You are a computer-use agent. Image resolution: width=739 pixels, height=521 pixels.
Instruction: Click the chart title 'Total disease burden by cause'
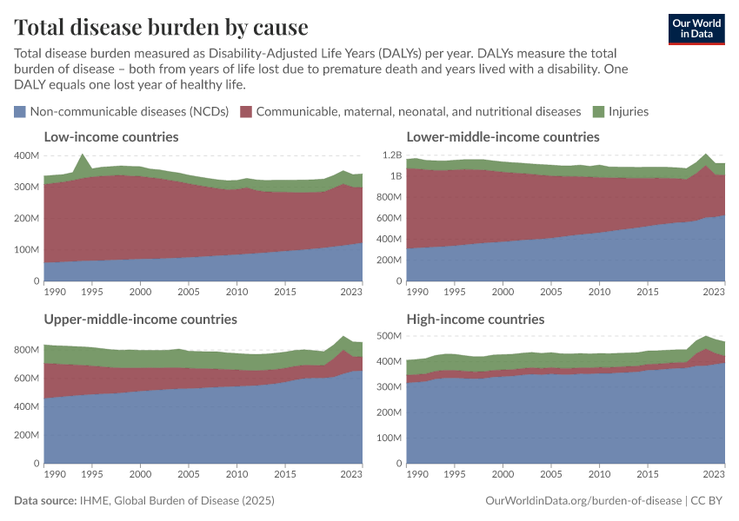(161, 27)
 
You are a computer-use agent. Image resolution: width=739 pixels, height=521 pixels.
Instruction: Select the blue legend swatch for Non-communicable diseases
(20, 111)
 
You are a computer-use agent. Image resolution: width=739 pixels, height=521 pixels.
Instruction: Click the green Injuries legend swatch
(598, 111)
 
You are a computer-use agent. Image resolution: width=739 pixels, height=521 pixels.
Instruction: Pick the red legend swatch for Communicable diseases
(246, 111)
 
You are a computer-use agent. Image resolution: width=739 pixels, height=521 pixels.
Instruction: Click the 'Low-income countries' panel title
(111, 137)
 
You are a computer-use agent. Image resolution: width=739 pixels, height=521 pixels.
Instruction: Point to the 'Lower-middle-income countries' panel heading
(503, 137)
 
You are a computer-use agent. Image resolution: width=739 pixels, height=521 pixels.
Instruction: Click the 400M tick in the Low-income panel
(27, 155)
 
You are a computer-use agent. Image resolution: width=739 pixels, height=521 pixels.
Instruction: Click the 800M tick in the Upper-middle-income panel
(27, 350)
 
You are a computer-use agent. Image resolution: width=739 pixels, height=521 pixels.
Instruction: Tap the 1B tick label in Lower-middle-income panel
(396, 176)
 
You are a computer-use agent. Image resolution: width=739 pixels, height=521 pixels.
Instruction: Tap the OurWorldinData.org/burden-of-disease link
(583, 501)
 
